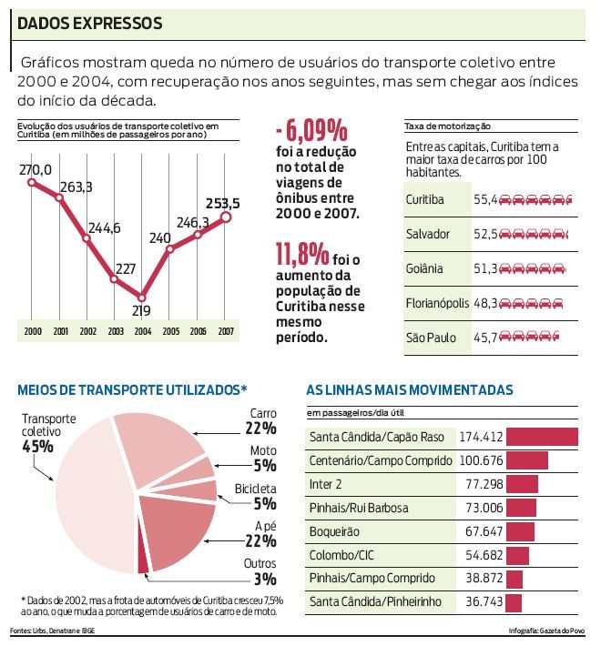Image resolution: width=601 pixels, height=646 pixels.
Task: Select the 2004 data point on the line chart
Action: coord(142,298)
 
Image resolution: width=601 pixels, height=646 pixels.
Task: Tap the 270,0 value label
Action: coord(36,169)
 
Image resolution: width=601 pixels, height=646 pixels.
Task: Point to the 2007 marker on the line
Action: coord(226,217)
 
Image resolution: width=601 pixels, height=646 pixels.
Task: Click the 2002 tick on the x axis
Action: coord(87,331)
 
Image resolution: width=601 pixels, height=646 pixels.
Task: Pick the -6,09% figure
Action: coord(311,128)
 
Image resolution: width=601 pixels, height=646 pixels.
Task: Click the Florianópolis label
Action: coord(438,303)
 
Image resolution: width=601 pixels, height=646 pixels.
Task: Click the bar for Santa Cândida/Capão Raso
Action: coord(542,437)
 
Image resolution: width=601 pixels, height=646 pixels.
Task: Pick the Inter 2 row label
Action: coord(327,484)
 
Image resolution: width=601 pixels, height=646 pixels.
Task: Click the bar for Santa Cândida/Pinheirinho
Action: coord(514,602)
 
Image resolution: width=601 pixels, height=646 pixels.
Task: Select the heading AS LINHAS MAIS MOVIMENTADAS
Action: coord(410,389)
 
